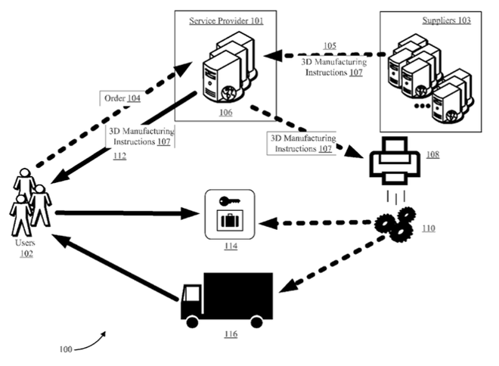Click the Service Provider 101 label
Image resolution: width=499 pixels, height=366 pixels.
click(226, 20)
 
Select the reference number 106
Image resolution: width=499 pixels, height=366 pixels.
click(226, 112)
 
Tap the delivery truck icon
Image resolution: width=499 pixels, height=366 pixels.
click(226, 296)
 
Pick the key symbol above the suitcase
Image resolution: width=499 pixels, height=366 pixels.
click(227, 202)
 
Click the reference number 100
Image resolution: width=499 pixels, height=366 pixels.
click(66, 349)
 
